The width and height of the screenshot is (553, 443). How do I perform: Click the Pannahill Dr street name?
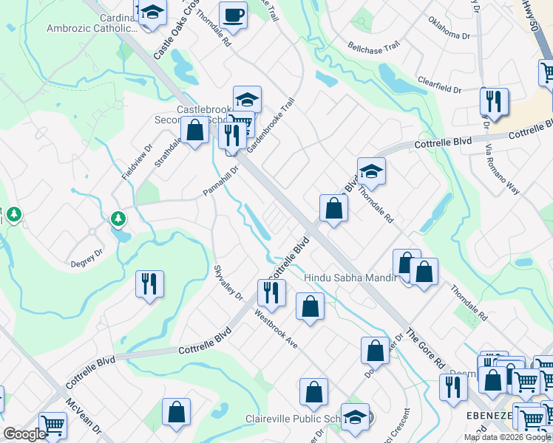click(222, 182)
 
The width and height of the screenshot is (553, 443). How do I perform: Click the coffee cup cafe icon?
click(234, 15)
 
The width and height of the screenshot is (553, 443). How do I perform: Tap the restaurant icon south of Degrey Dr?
click(150, 283)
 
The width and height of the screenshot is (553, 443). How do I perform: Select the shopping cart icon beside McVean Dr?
click(52, 425)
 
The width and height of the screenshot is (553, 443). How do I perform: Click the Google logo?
click(24, 434)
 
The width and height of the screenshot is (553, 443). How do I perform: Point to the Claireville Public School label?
click(292, 419)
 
